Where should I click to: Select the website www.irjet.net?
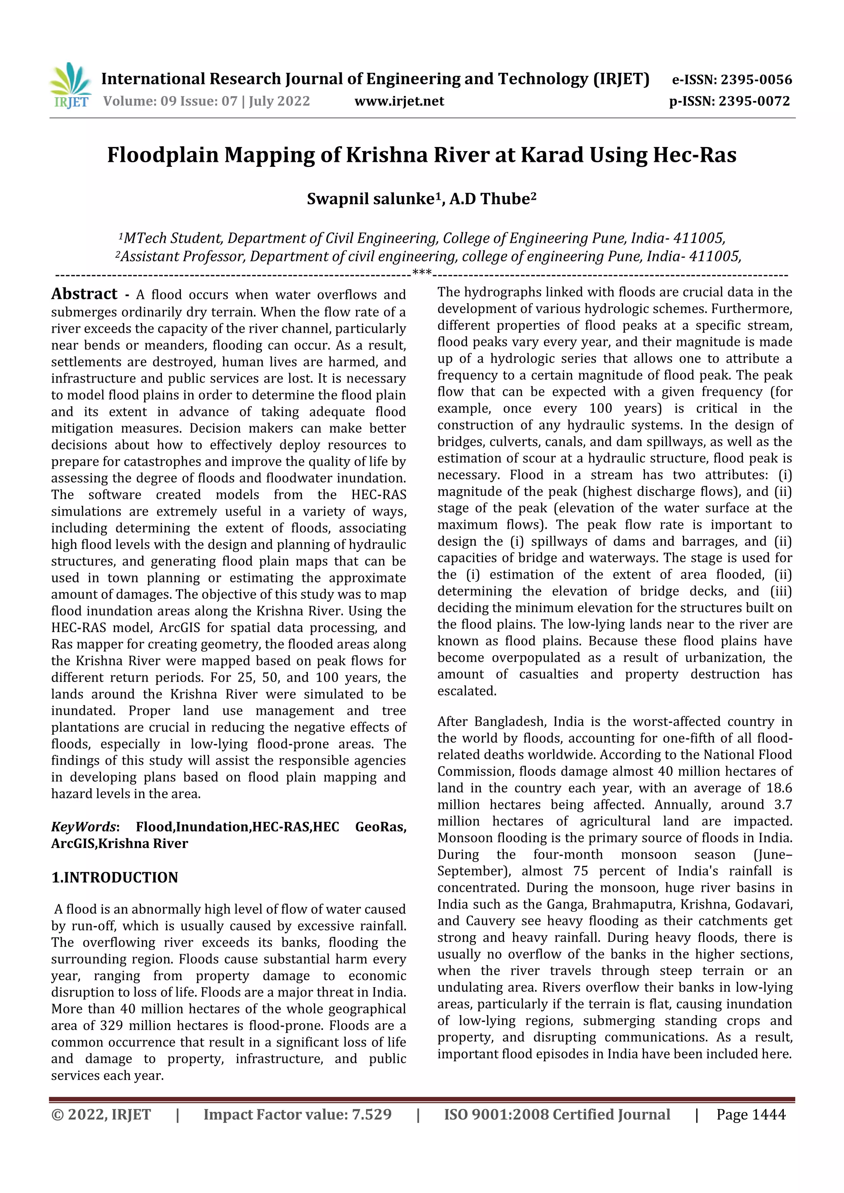point(399,101)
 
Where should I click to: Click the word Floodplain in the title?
point(162,155)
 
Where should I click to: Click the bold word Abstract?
point(84,294)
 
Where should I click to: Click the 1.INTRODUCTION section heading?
point(115,877)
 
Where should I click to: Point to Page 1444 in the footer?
point(750,1114)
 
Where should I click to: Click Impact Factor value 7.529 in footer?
point(297,1114)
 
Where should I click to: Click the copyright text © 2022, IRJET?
point(101,1114)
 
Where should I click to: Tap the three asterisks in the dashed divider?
point(422,272)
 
